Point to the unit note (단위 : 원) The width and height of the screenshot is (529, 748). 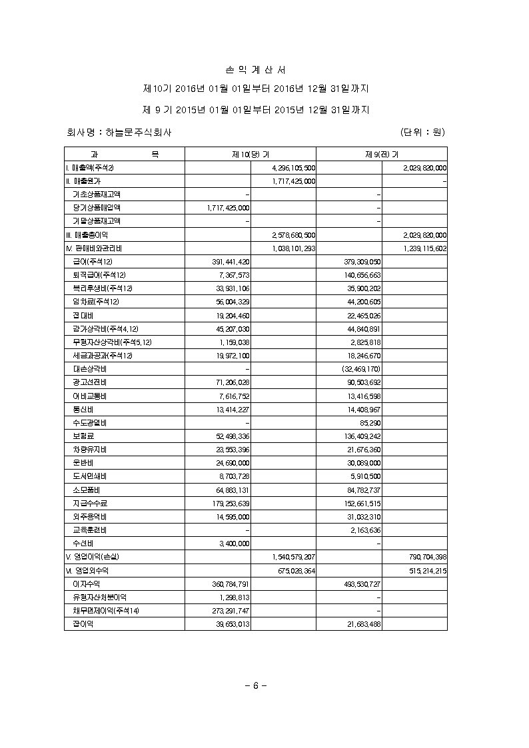tap(422, 133)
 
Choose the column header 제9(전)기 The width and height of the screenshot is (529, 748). tap(382, 155)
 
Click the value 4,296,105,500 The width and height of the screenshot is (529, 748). tap(293, 168)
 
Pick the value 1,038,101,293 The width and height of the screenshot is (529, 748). tap(294, 248)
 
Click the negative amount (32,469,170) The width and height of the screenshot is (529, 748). tap(360, 368)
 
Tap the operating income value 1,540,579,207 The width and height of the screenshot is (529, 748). tap(293, 556)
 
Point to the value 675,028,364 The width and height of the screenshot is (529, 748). tap(294, 570)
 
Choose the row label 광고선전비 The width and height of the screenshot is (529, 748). tap(89, 382)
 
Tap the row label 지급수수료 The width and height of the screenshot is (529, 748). tap(89, 503)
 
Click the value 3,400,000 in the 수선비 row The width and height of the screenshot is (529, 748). tap(234, 543)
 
